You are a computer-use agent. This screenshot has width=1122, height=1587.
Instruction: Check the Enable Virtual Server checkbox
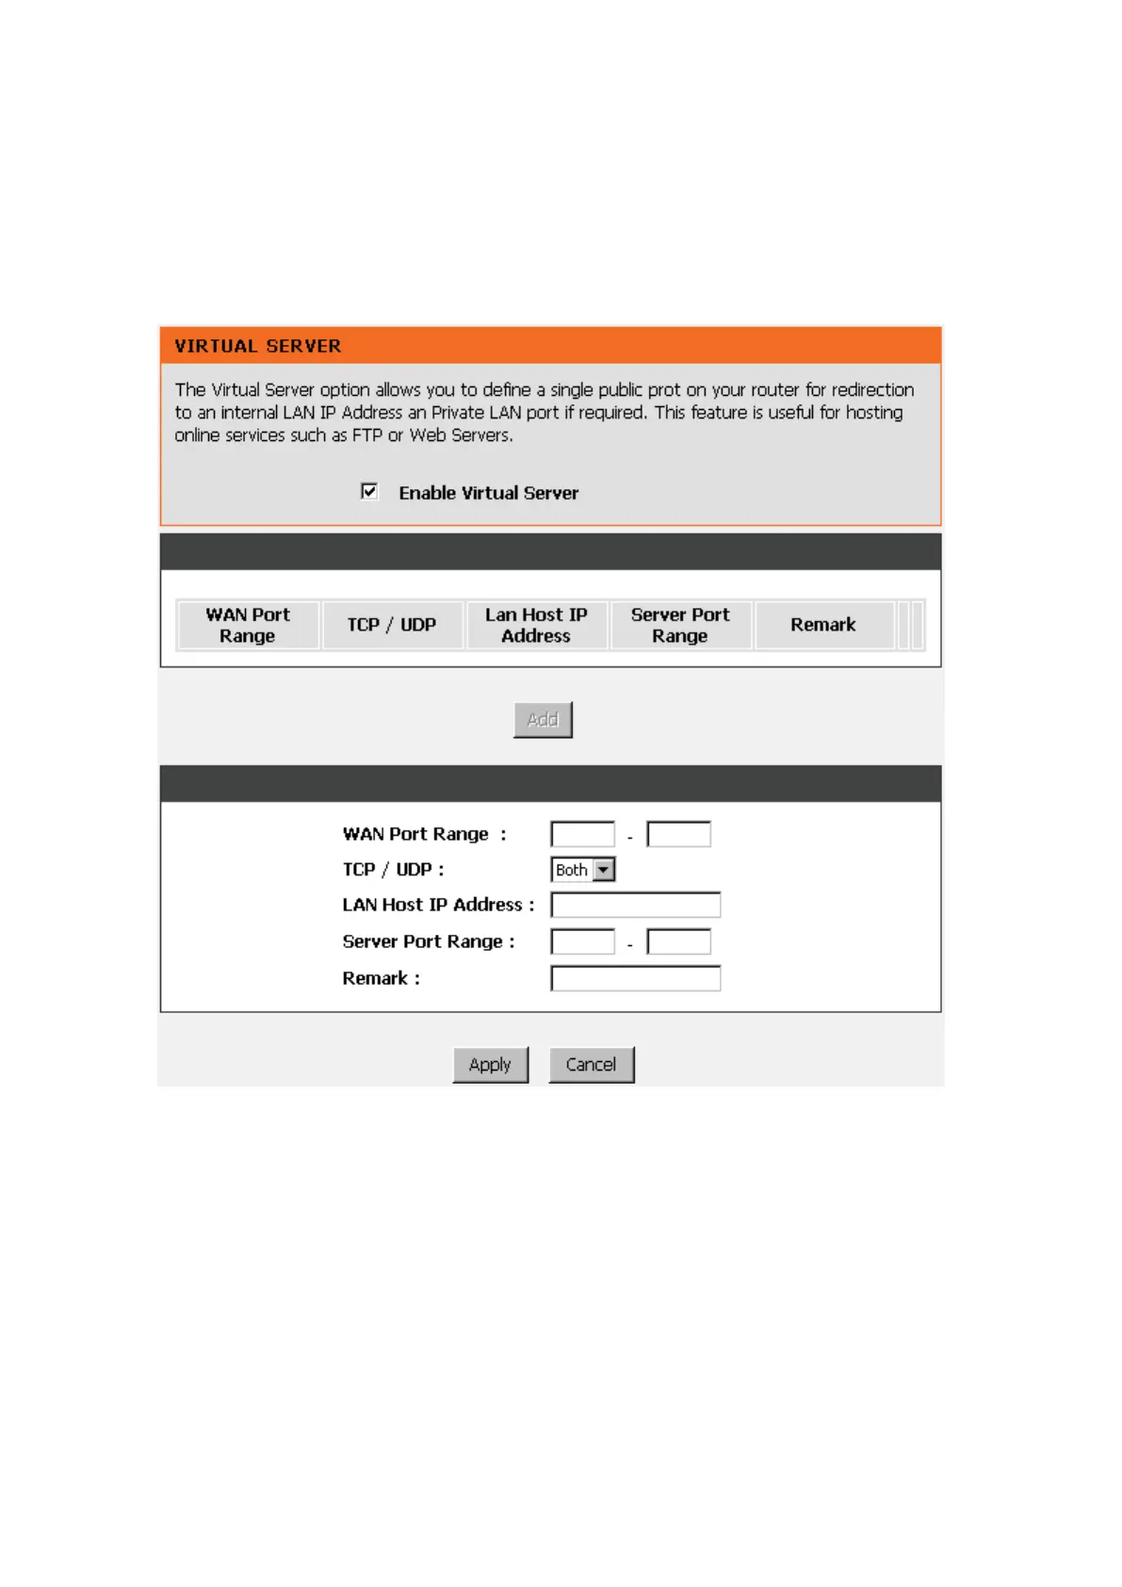pyautogui.click(x=369, y=491)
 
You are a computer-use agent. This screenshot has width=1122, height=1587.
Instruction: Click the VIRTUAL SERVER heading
pyautogui.click(x=257, y=346)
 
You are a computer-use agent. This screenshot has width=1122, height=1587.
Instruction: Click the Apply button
pyautogui.click(x=490, y=1065)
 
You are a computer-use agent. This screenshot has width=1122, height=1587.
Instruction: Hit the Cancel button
pyautogui.click(x=591, y=1065)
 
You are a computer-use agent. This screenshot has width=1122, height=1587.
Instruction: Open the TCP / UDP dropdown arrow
pyautogui.click(x=604, y=870)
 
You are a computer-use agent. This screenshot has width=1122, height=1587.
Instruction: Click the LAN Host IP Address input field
pyautogui.click(x=635, y=905)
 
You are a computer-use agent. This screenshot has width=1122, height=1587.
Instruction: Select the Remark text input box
pyautogui.click(x=635, y=978)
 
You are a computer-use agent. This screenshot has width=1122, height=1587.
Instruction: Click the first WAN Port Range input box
pyautogui.click(x=582, y=834)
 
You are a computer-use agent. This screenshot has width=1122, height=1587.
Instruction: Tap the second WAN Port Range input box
pyautogui.click(x=678, y=834)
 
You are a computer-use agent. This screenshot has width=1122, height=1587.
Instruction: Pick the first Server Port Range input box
pyautogui.click(x=582, y=941)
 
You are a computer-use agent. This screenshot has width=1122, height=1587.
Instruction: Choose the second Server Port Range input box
pyautogui.click(x=678, y=941)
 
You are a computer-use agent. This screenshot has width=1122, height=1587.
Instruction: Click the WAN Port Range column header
pyautogui.click(x=248, y=625)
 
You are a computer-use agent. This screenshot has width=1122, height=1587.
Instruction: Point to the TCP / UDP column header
pyautogui.click(x=392, y=625)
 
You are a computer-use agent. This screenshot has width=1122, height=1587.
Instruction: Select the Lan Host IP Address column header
pyautogui.click(x=536, y=625)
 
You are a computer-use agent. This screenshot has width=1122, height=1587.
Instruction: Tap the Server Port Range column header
pyautogui.click(x=680, y=625)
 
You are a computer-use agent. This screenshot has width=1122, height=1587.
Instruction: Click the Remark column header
pyautogui.click(x=823, y=625)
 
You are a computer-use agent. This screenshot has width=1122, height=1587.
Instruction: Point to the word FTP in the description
pyautogui.click(x=367, y=435)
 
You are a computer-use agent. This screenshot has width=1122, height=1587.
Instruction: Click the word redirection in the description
pyautogui.click(x=872, y=390)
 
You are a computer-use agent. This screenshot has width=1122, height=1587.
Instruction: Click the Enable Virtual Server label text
pyautogui.click(x=488, y=493)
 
